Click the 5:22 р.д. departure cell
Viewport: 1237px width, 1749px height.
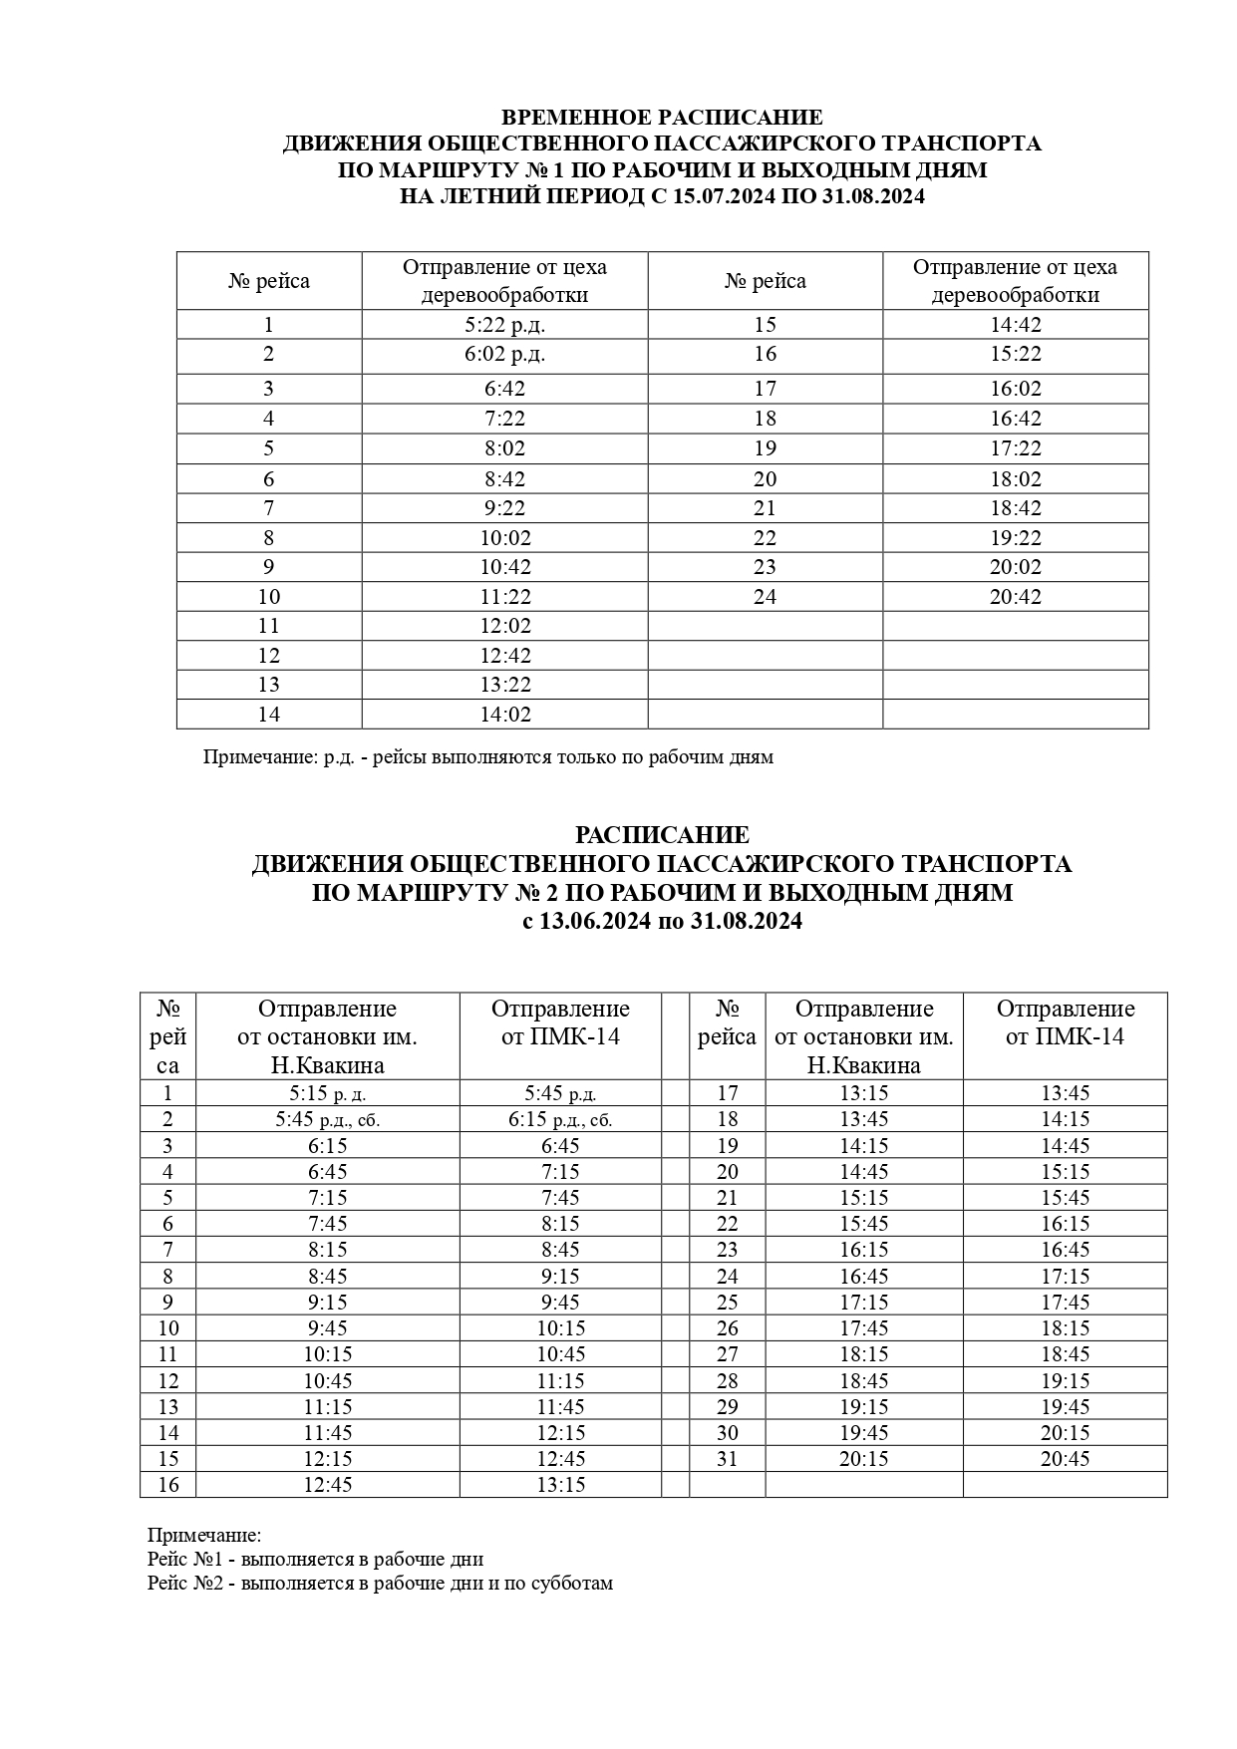click(x=504, y=325)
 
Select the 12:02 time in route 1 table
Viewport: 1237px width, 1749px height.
click(x=504, y=626)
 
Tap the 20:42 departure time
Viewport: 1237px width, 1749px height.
click(x=1015, y=597)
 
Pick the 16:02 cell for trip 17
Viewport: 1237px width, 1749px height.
click(x=1015, y=389)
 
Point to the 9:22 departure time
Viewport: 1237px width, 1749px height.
click(x=504, y=508)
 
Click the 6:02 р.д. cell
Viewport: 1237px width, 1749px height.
click(x=504, y=354)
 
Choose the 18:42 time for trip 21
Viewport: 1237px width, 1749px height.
click(x=1015, y=508)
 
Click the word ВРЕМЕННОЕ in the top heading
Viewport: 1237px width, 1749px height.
click(x=574, y=118)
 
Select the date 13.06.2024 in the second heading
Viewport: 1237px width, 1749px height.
click(x=596, y=922)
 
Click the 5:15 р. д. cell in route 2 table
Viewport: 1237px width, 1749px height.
click(x=327, y=1093)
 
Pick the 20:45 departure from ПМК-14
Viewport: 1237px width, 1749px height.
click(x=1065, y=1459)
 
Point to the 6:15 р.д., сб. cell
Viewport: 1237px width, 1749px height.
click(x=560, y=1119)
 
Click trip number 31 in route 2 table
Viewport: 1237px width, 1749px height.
click(x=728, y=1459)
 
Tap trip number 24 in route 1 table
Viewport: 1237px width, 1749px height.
click(x=765, y=597)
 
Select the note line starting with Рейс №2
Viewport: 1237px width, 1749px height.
click(x=380, y=1583)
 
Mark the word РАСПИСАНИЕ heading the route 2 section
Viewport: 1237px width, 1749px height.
click(x=662, y=835)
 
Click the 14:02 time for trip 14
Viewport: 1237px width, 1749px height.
click(x=504, y=715)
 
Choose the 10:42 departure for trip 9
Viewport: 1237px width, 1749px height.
click(x=504, y=567)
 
